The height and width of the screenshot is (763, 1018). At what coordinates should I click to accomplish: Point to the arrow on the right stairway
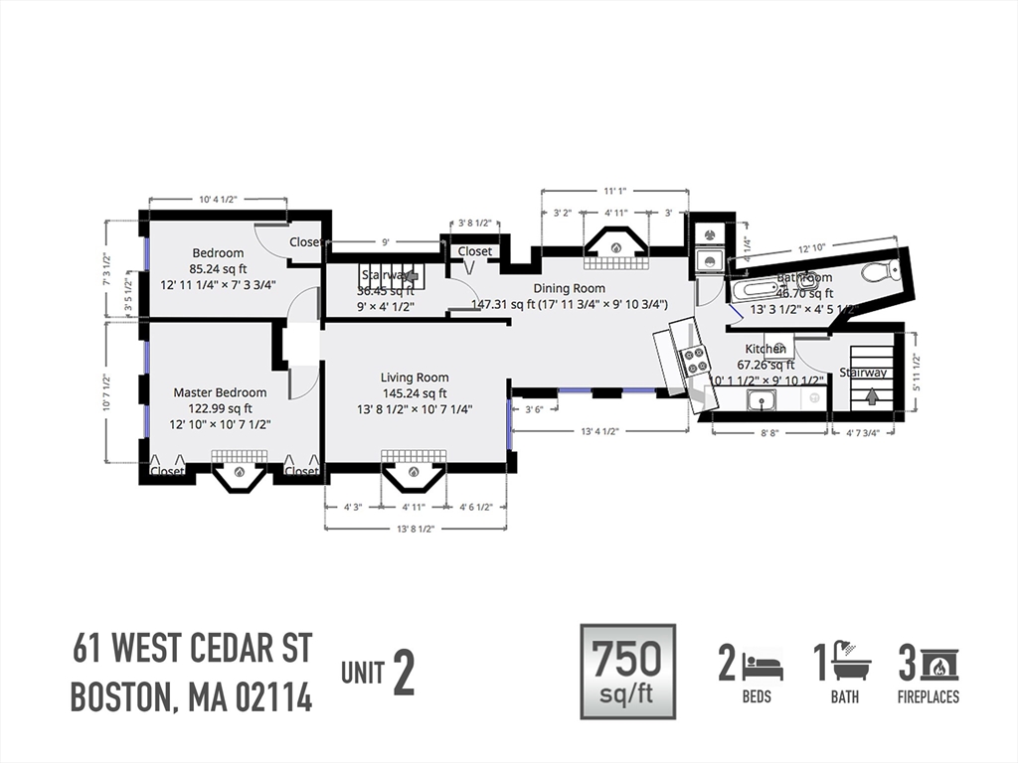point(872,396)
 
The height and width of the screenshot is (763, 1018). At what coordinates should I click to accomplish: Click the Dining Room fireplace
point(615,245)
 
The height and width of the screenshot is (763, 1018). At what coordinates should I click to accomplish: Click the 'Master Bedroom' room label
point(220,392)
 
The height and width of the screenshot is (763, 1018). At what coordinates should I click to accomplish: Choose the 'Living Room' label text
point(415,378)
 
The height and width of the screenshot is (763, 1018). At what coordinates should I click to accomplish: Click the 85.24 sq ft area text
point(219,268)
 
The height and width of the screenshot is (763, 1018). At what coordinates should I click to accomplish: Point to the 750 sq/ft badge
point(627,671)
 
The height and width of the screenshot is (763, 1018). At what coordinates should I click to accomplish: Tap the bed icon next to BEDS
point(763,663)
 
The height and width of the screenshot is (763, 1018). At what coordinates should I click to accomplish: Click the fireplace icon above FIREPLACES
point(939,663)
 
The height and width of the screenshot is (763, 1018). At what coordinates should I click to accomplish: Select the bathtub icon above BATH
point(852,661)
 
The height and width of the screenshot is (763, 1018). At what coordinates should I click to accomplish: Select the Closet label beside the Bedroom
point(305,242)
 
